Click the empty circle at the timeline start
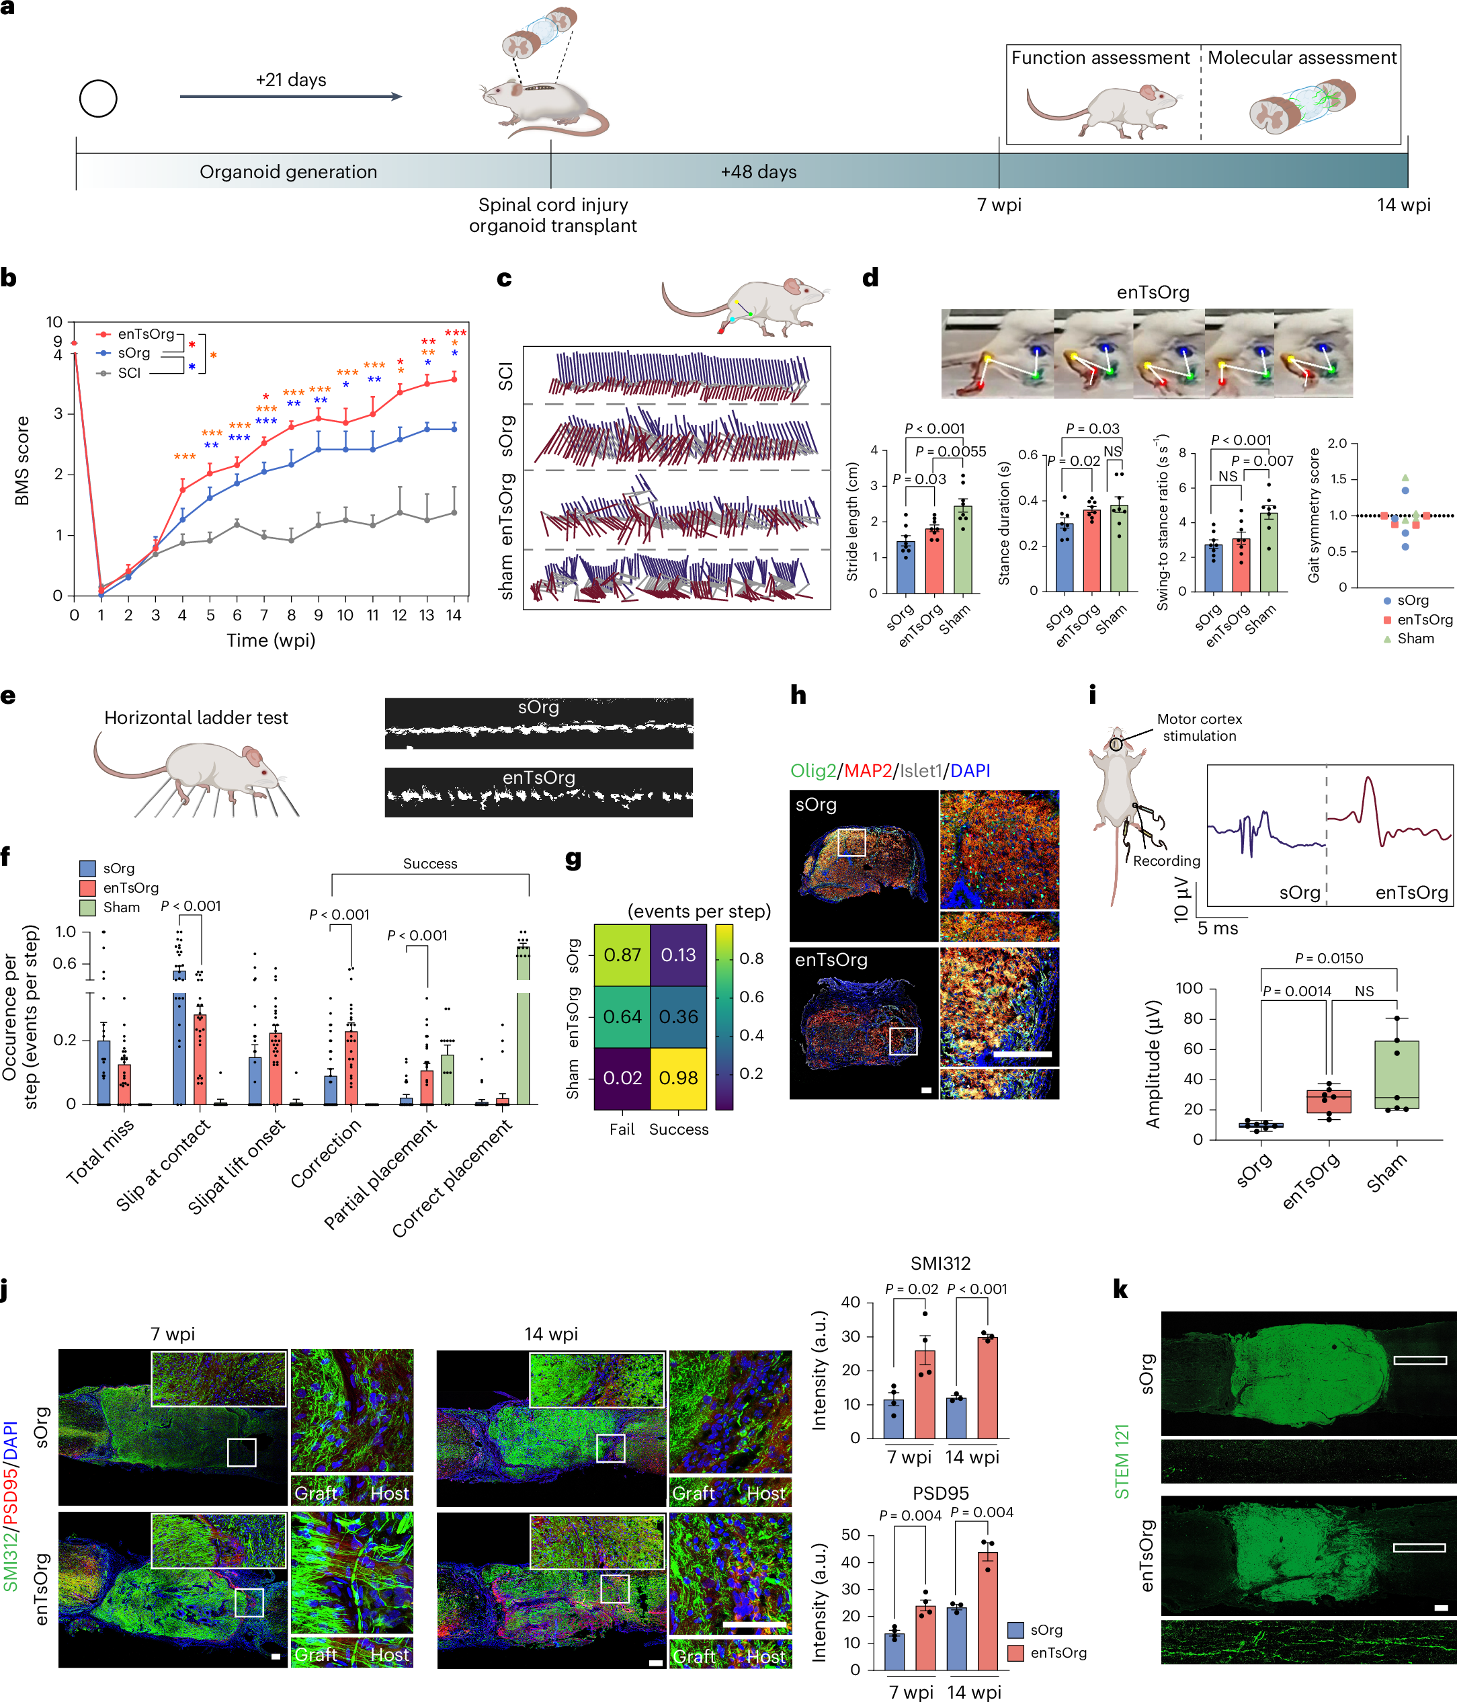[x=97, y=99]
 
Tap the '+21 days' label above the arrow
[x=291, y=80]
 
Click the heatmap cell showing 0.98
[x=678, y=1078]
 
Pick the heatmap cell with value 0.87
[x=622, y=955]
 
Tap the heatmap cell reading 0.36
[x=678, y=1016]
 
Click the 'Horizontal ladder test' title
[x=196, y=717]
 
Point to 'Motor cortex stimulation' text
[x=1199, y=727]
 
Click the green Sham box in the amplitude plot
[x=1397, y=1074]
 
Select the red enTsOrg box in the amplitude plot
[x=1328, y=1100]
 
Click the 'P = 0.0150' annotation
[x=1328, y=958]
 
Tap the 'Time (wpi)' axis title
[x=271, y=640]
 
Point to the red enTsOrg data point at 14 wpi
[x=454, y=378]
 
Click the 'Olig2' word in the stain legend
[x=813, y=770]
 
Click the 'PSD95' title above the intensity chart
[x=940, y=1492]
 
